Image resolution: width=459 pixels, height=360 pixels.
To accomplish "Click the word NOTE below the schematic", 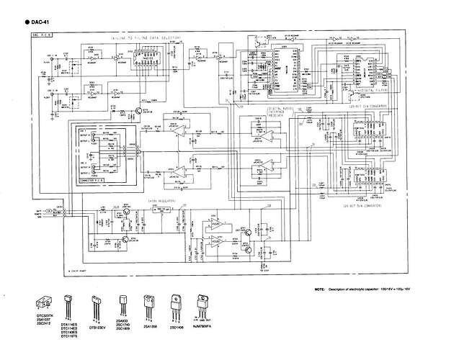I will click(x=320, y=289).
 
